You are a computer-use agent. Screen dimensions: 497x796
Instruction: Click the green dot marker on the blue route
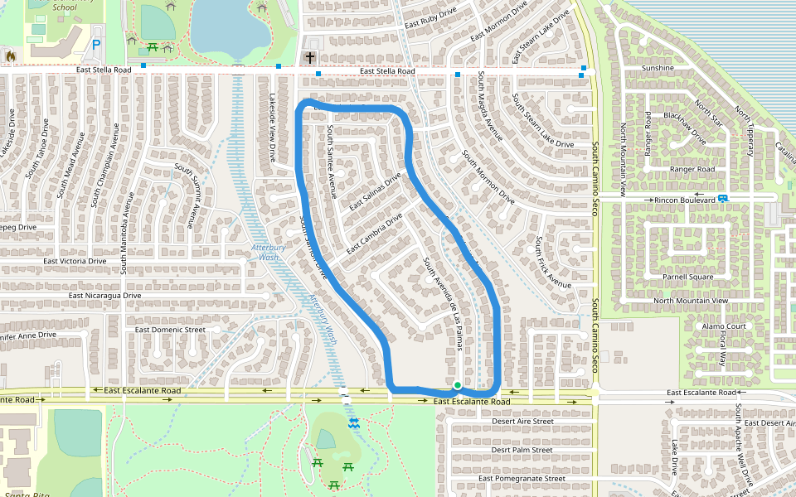point(457,385)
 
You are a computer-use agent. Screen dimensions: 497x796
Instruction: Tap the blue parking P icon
point(97,45)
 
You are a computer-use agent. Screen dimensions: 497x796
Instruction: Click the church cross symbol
point(310,58)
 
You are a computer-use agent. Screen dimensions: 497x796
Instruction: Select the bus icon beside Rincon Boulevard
point(724,199)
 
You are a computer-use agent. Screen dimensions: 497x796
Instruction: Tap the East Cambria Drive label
point(374,234)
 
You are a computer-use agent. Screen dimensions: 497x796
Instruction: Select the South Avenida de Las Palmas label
point(443,303)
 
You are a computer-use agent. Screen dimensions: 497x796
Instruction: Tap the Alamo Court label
point(701,326)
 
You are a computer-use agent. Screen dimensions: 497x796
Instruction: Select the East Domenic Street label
point(169,330)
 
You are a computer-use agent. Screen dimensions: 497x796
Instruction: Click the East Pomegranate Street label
point(522,478)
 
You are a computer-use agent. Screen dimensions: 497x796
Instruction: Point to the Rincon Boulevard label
point(685,200)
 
